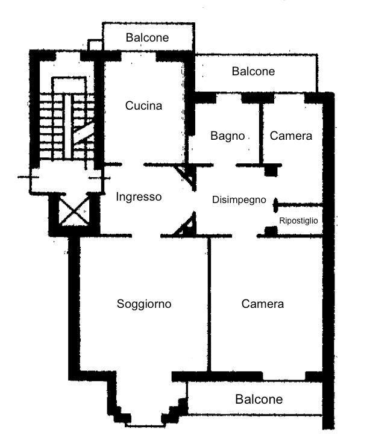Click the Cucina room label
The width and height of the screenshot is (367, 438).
143,106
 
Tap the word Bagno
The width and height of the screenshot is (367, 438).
228,136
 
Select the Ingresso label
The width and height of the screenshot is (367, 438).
139,197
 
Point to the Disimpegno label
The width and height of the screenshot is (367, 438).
239,200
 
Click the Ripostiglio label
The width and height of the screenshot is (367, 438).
298,221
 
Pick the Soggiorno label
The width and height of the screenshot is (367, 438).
144,304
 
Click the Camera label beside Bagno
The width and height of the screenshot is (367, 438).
290,136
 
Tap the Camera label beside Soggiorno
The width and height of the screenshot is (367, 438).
263,304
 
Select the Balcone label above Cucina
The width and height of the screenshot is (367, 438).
147,38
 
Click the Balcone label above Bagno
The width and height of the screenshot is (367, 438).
253,72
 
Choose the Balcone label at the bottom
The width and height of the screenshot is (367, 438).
259,399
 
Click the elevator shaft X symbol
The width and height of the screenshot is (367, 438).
74,211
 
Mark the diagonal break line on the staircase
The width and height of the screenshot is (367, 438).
84,133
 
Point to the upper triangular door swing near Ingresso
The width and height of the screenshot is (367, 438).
186,177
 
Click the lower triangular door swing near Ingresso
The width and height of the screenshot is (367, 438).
186,224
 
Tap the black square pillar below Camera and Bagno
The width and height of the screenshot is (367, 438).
271,171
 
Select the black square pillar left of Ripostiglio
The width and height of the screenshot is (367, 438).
271,231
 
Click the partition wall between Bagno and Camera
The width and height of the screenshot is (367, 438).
261,134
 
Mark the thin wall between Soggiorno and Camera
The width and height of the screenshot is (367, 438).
209,304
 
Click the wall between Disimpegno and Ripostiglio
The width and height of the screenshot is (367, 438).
298,205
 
